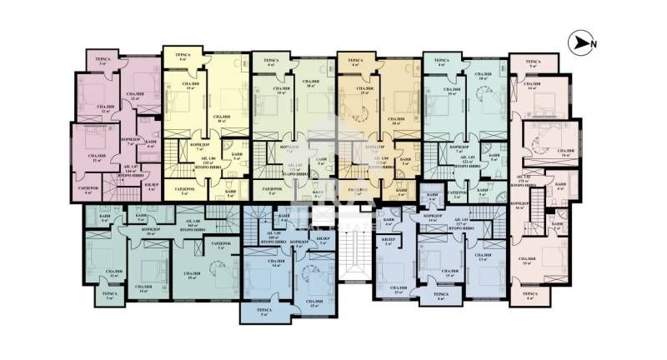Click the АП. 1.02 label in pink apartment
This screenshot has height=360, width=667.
pyautogui.click(x=524, y=177)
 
